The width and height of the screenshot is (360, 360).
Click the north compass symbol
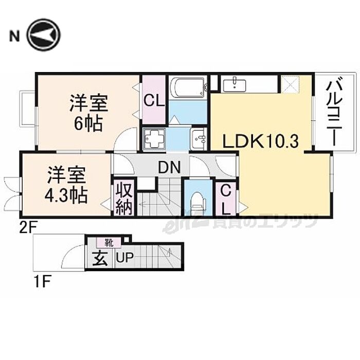(44, 35)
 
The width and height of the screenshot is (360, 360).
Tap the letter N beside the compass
(14, 35)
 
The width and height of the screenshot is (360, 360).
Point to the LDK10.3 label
(260, 140)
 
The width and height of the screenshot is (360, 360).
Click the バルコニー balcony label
(334, 111)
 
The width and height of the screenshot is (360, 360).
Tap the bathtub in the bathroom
(188, 87)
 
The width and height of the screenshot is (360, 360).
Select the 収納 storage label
(124, 197)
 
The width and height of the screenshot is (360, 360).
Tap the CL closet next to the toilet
(225, 199)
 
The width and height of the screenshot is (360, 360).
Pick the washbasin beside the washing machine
(197, 138)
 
